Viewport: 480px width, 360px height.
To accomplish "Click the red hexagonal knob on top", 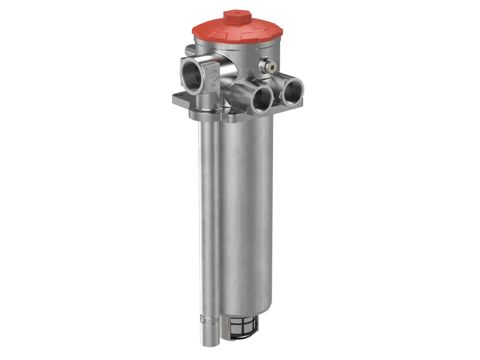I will (x=237, y=16).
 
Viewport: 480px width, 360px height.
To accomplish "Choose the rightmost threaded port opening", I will (x=292, y=91).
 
